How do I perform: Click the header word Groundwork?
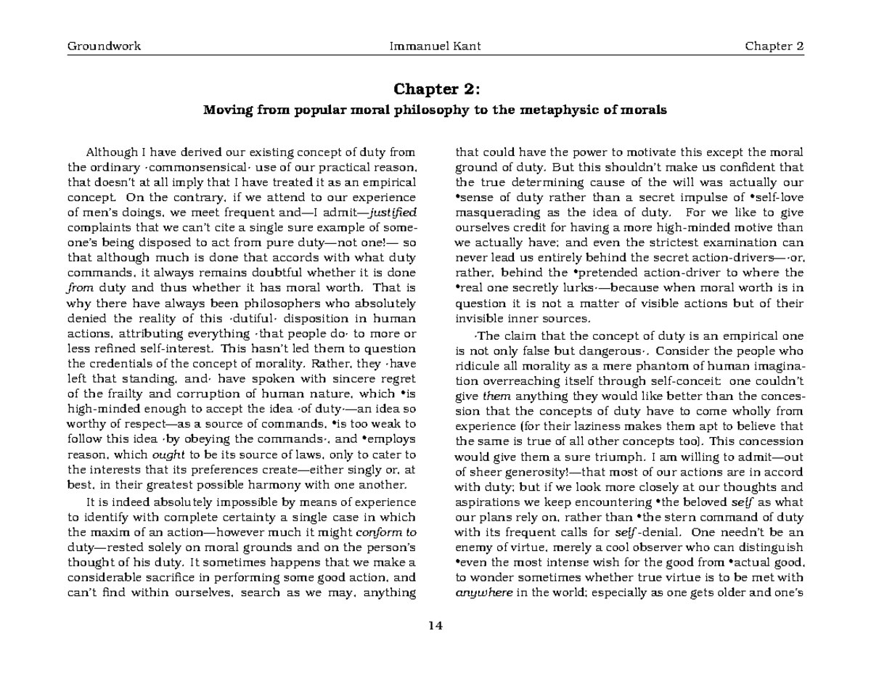click(x=104, y=46)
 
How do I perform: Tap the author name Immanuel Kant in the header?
click(x=435, y=46)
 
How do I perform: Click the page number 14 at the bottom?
click(x=435, y=627)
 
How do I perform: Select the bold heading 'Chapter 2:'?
click(x=435, y=89)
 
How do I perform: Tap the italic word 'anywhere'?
click(x=483, y=592)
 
